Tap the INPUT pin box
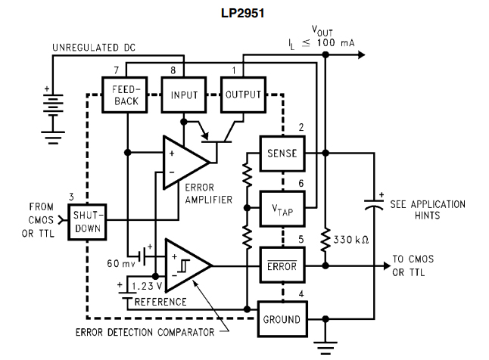(x=183, y=95)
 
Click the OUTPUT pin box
(x=242, y=95)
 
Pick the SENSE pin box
(x=282, y=153)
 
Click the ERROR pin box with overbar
(x=282, y=265)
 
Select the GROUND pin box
(x=282, y=319)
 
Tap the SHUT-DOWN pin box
(x=87, y=222)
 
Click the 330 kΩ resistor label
(x=350, y=240)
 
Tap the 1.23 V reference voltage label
(x=145, y=287)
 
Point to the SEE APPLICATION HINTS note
(x=428, y=209)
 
